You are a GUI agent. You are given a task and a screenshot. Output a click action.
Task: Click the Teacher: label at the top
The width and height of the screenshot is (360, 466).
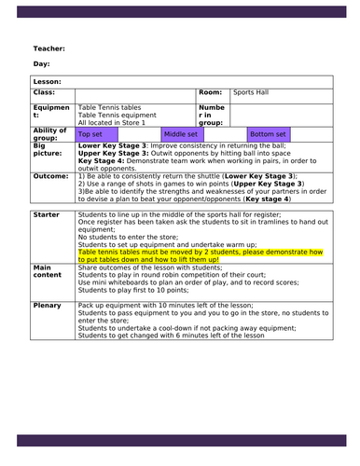pos(49,48)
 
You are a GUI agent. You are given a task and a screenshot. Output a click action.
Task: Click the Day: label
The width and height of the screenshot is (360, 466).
pos(42,64)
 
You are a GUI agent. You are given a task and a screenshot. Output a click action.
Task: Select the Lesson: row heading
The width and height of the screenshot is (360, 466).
pos(49,83)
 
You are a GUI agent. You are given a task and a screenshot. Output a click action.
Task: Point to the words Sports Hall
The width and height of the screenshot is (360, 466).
pos(252,94)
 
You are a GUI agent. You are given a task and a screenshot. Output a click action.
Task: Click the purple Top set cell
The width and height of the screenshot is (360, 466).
pos(90,134)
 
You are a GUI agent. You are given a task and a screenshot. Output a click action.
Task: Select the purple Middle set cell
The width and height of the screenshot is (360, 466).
pos(181,134)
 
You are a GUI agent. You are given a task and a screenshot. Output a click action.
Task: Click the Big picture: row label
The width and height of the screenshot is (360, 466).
pos(48,151)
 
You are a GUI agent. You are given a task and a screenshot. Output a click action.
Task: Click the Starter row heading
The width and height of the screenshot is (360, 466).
pos(47,214)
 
